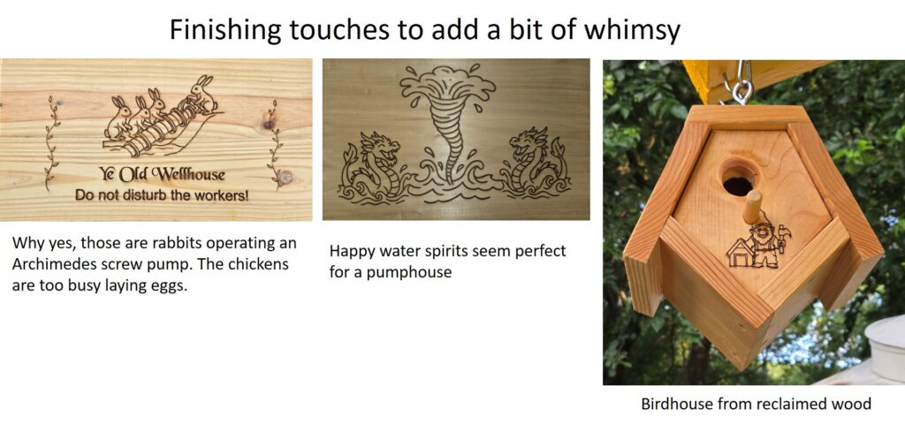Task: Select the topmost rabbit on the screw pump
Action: click(x=202, y=94)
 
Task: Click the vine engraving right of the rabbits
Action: click(x=274, y=144)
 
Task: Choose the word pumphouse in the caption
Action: click(x=417, y=273)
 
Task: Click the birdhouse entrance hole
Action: click(x=738, y=178)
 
